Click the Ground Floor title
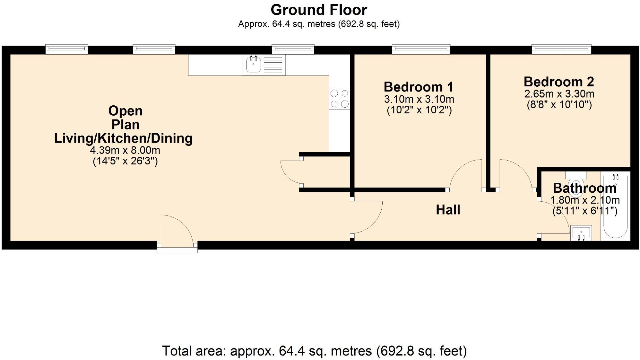[x=319, y=10]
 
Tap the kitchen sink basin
[x=253, y=64]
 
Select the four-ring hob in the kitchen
[x=340, y=99]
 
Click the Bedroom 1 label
[x=419, y=87]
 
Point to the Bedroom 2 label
[x=559, y=82]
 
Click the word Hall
[x=448, y=210]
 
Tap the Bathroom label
[x=584, y=188]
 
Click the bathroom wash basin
[x=581, y=233]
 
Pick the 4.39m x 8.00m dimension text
[x=125, y=150]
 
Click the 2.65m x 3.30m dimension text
[x=559, y=94]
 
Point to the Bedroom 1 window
[x=421, y=49]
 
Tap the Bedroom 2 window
[x=561, y=49]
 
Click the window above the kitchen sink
[x=293, y=49]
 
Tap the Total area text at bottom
[x=314, y=351]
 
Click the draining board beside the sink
[x=273, y=65]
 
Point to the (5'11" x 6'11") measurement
[x=585, y=211]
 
